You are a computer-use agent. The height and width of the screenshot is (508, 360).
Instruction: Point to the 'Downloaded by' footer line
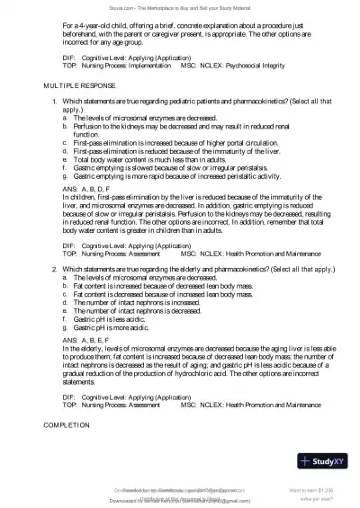click(180, 500)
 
